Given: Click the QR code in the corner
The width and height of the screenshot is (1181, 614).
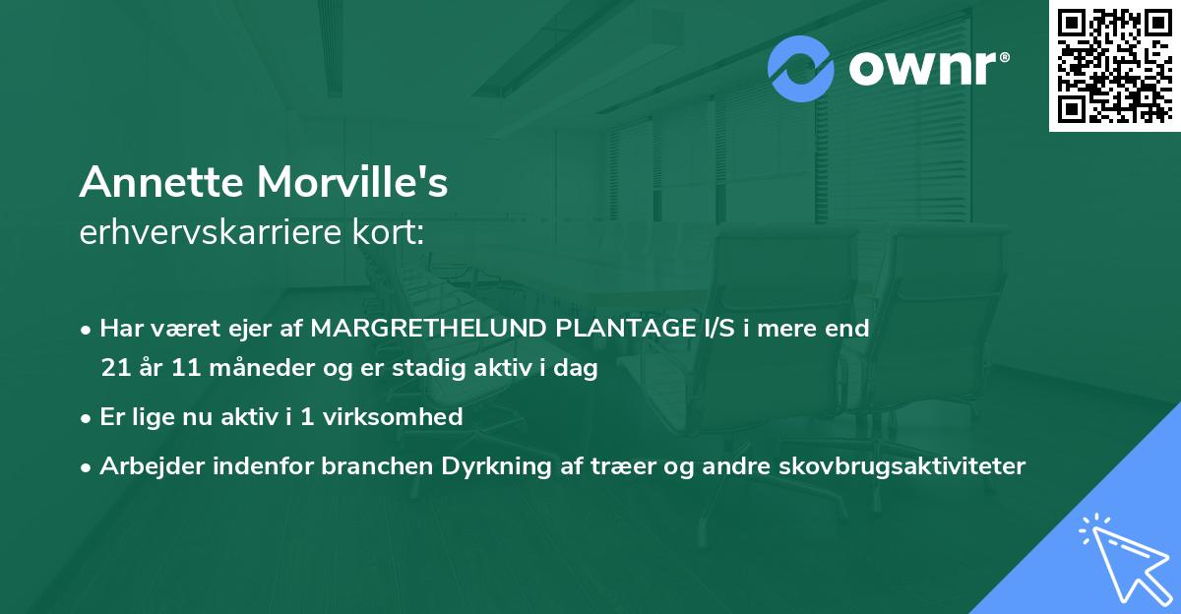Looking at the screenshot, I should (x=1115, y=65).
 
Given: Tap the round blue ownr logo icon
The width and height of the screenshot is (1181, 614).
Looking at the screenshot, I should (x=801, y=69).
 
